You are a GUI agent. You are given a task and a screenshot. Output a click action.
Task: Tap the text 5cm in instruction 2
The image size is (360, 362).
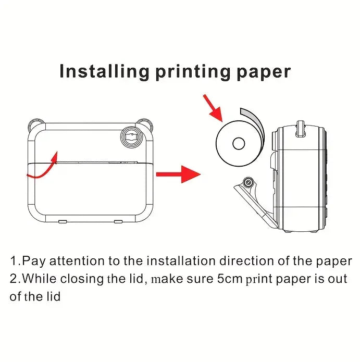(x=229, y=278)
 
